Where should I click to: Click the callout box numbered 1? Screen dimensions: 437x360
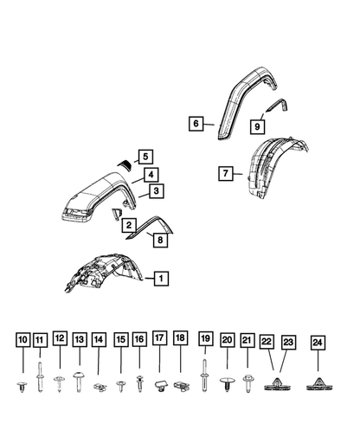pos(160,279)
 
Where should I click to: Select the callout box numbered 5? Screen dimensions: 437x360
pos(145,157)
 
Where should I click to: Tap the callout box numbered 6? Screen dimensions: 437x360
pos(196,124)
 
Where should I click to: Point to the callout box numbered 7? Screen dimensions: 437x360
pos(224,174)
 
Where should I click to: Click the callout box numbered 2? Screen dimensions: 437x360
pos(129,226)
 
